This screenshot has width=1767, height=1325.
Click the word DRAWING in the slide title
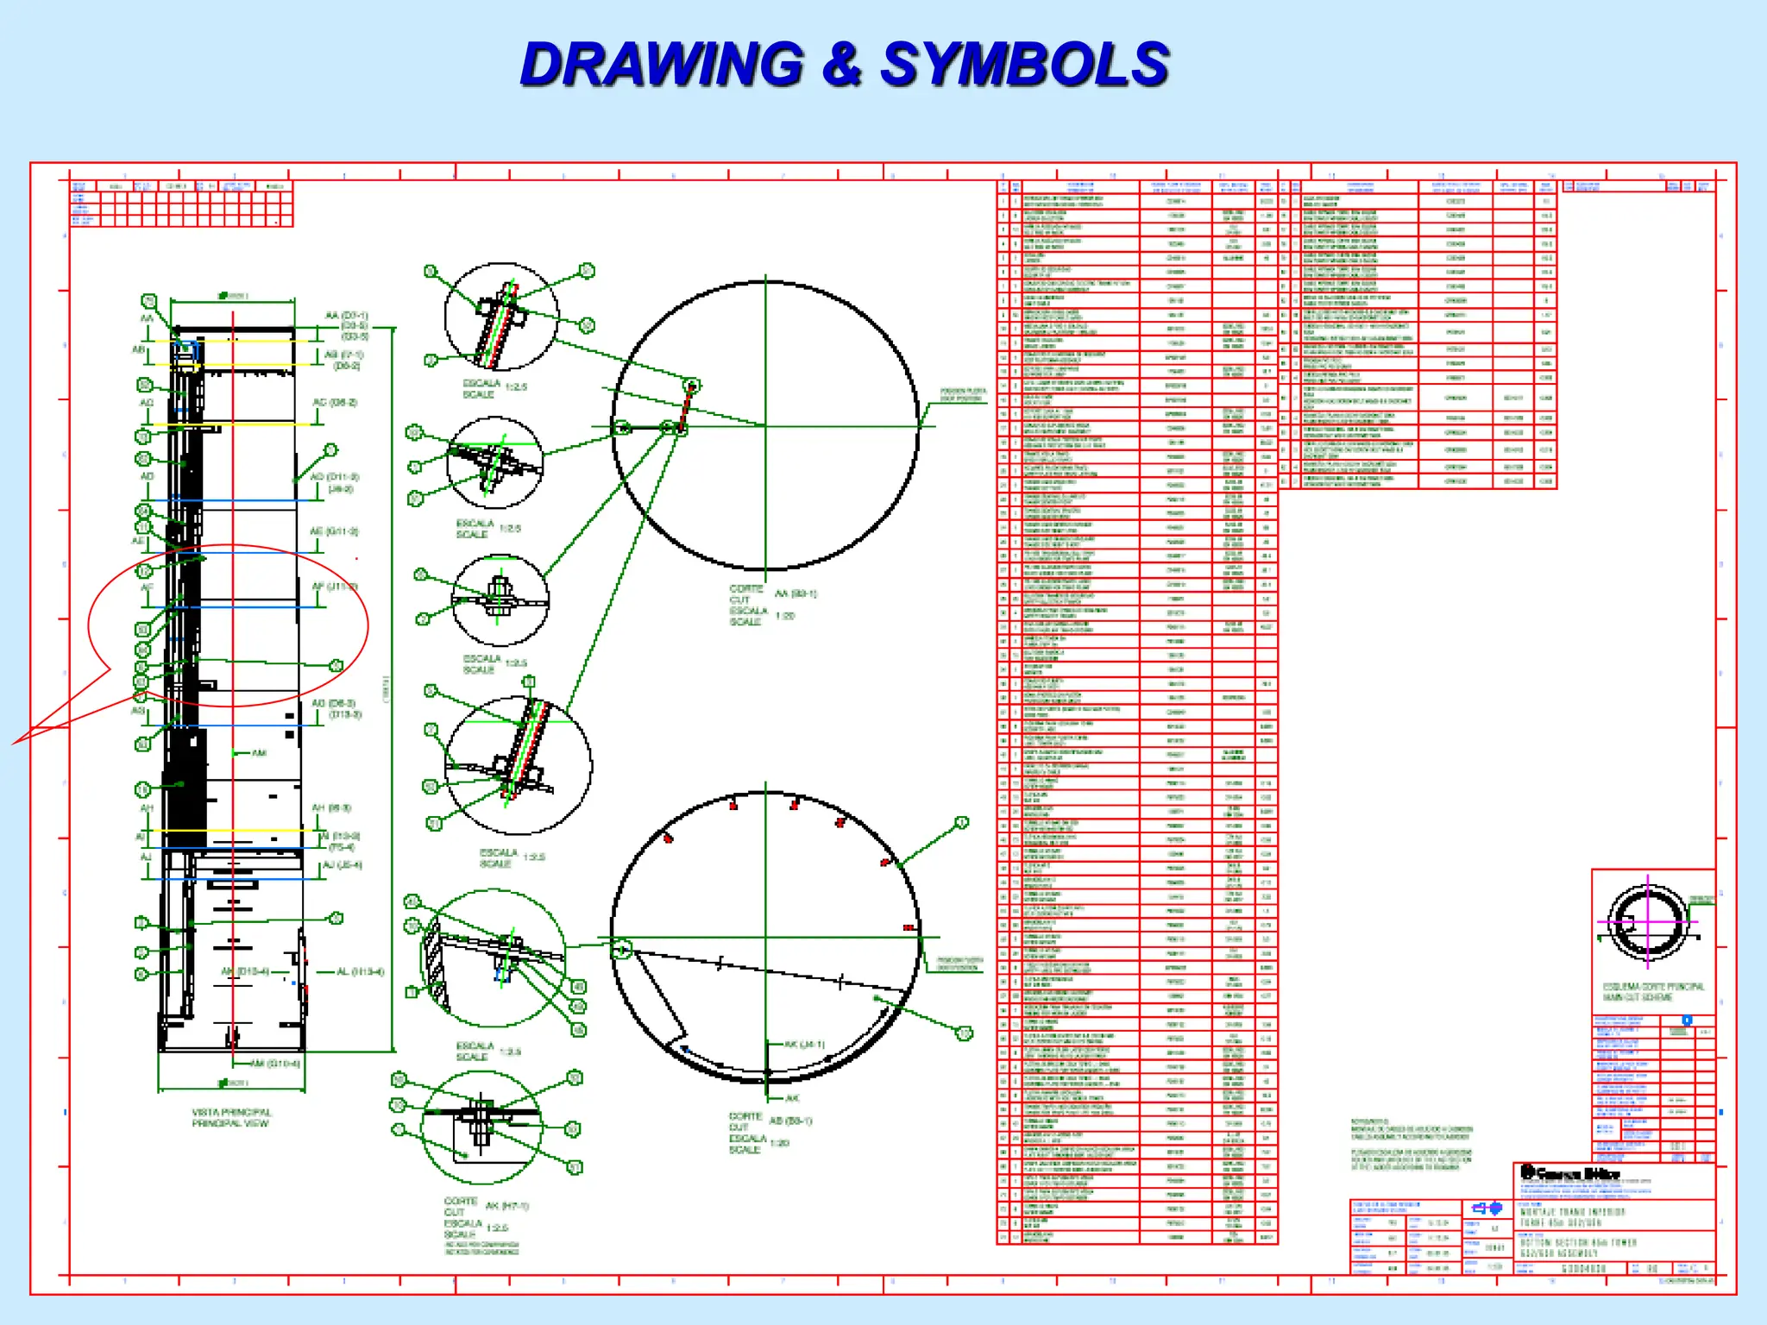point(662,65)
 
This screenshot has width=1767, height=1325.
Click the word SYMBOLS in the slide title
point(1024,65)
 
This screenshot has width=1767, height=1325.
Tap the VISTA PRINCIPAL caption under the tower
point(231,1117)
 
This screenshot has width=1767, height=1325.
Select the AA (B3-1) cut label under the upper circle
point(795,593)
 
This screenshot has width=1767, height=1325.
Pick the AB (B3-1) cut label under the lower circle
point(790,1121)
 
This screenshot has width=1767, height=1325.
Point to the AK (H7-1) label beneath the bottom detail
point(507,1206)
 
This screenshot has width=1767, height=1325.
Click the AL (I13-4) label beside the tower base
point(359,971)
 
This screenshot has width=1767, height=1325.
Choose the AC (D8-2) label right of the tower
point(334,403)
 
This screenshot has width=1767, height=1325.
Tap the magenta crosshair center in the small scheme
point(1647,921)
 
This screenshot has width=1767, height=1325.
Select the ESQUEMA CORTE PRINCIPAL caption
point(1653,991)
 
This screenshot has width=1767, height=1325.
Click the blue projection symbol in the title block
point(1487,1208)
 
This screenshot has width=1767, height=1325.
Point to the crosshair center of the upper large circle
point(765,425)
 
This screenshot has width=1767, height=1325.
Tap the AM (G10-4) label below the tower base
point(274,1064)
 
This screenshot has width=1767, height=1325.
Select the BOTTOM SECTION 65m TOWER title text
point(1578,1243)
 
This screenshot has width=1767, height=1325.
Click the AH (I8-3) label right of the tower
point(331,808)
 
